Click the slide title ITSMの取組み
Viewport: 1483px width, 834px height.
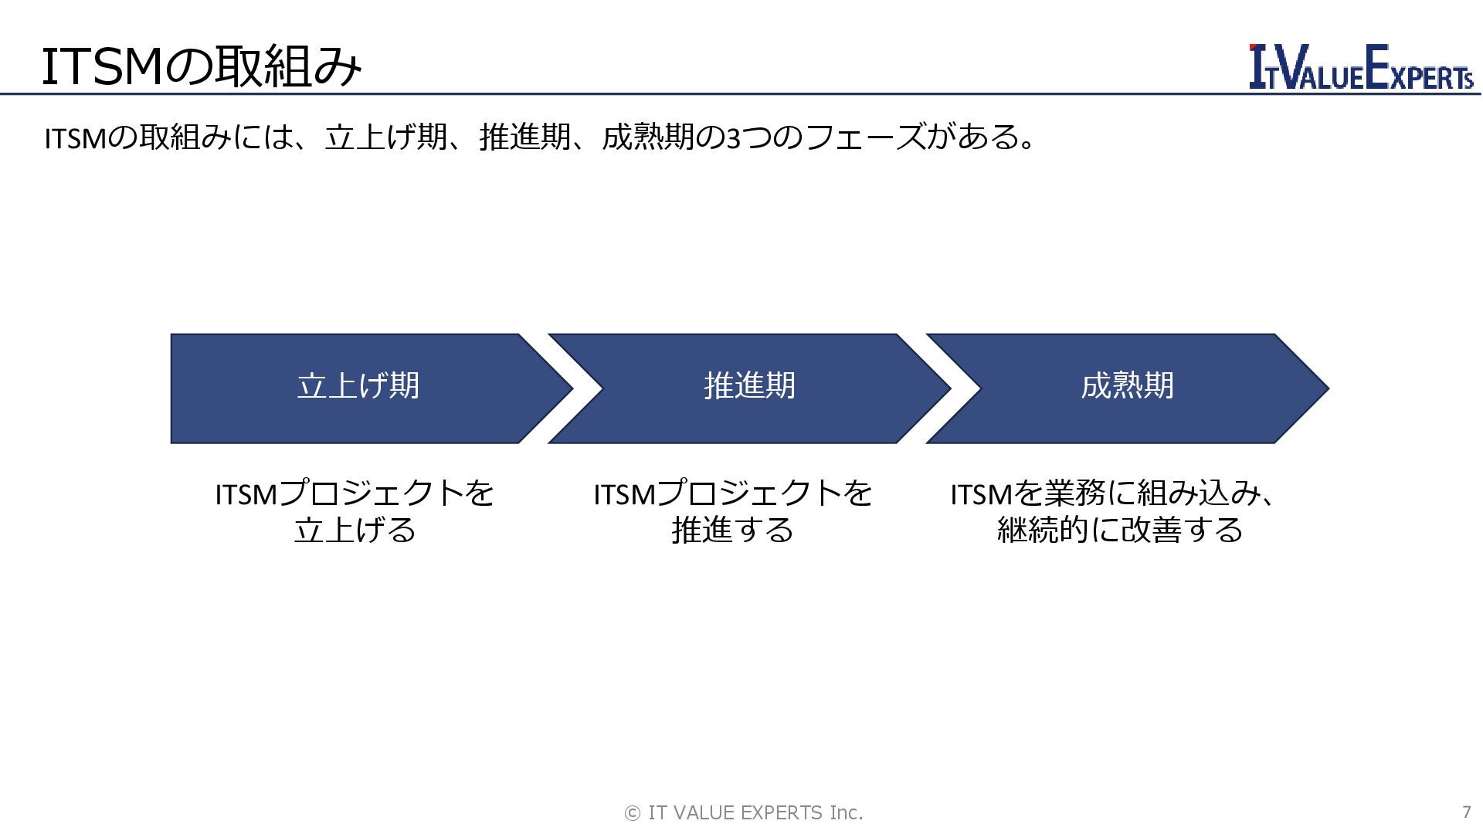(x=201, y=67)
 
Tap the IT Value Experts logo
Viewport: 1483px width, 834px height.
(x=1361, y=67)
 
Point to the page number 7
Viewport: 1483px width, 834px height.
(x=1466, y=812)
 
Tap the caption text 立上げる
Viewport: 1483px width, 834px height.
(x=355, y=531)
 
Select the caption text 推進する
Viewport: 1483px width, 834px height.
(x=732, y=531)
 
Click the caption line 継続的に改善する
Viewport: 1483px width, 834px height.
(x=1120, y=531)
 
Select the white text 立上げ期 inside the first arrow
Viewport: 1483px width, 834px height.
(x=358, y=385)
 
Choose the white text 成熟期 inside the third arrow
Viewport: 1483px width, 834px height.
(x=1127, y=385)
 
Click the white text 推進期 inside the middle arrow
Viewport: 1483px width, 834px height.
(x=749, y=385)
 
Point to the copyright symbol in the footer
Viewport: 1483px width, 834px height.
(x=632, y=813)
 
